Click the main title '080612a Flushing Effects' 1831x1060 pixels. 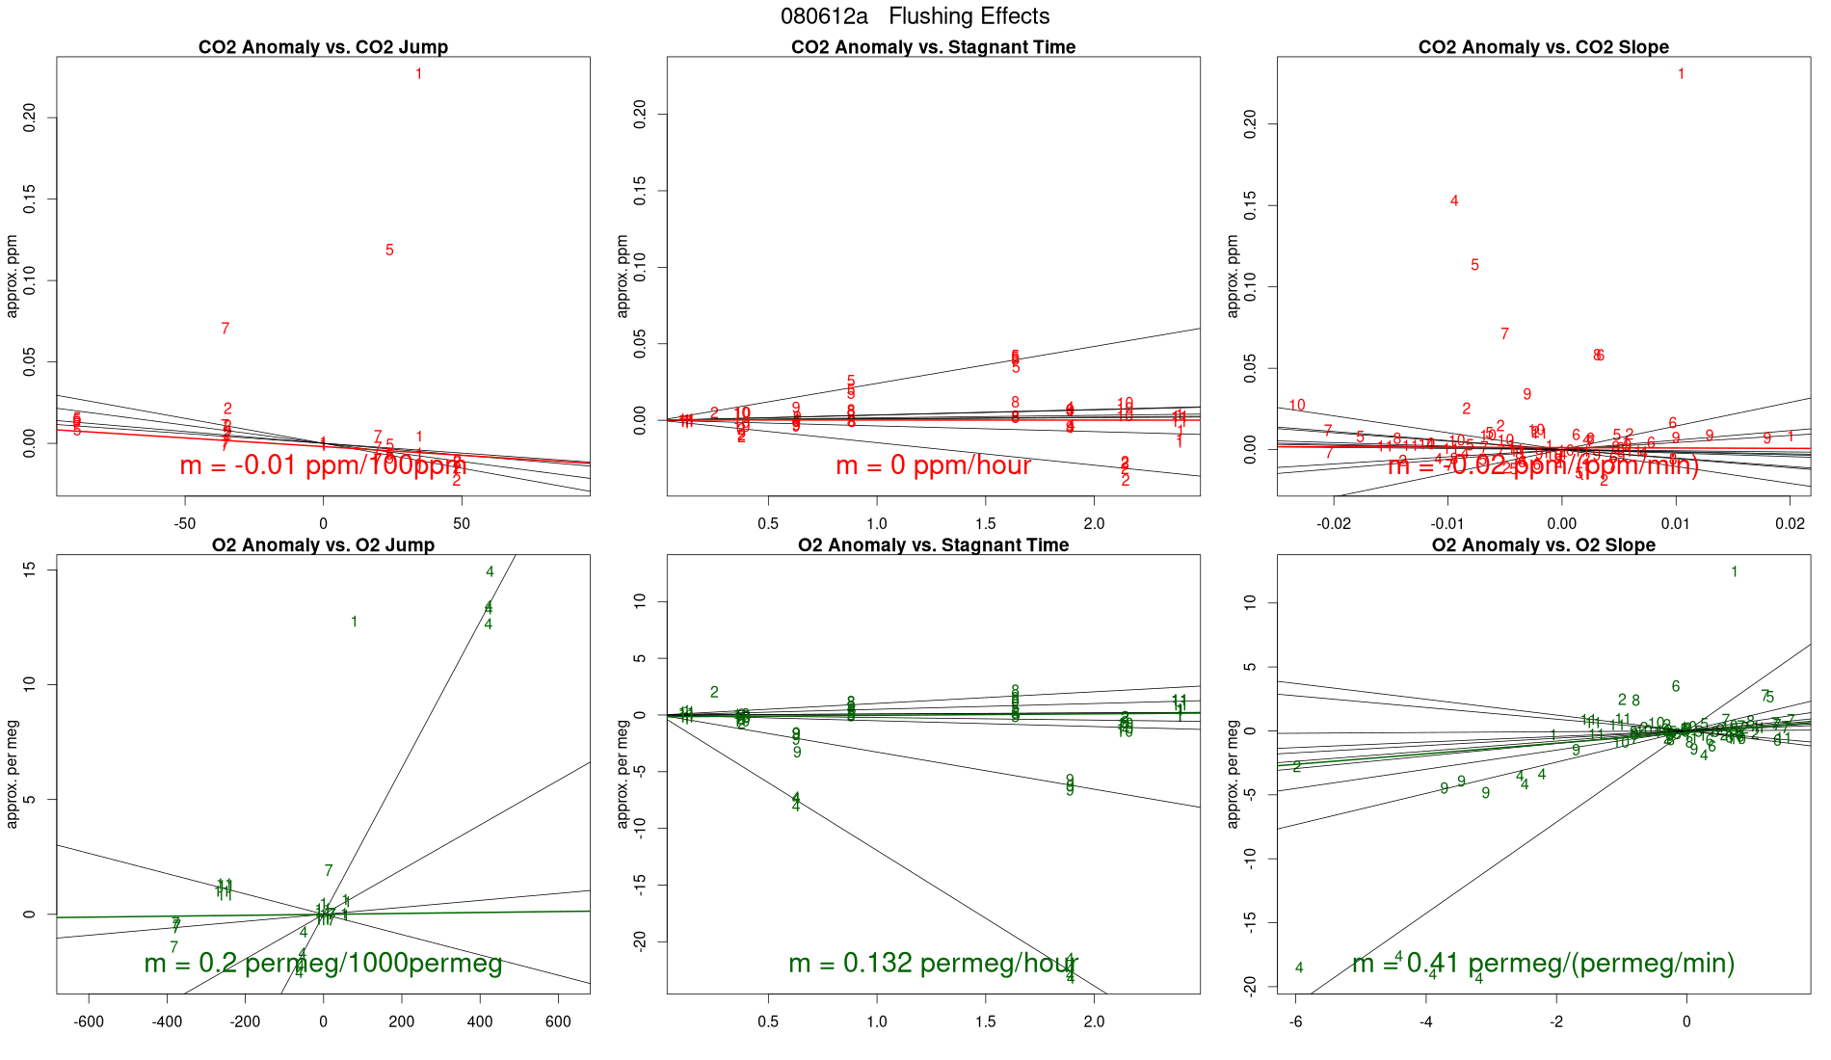click(x=915, y=16)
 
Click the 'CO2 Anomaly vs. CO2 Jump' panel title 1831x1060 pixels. click(x=323, y=47)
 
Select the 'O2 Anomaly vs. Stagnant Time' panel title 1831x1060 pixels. click(x=933, y=545)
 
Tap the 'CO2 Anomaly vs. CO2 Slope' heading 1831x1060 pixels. click(x=1543, y=47)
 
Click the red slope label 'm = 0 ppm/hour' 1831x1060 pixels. click(x=933, y=465)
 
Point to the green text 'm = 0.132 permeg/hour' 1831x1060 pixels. click(x=933, y=963)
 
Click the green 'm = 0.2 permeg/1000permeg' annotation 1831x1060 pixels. click(x=323, y=963)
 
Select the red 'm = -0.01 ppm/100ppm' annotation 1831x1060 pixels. click(x=323, y=465)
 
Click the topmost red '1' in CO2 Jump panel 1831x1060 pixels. click(x=418, y=74)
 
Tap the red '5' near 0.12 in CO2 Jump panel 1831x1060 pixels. click(x=389, y=251)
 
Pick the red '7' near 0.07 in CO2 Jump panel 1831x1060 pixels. click(x=226, y=330)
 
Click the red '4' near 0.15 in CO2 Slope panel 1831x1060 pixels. click(x=1454, y=201)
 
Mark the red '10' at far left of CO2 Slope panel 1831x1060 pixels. click(x=1297, y=406)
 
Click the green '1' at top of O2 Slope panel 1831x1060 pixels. click(x=1734, y=572)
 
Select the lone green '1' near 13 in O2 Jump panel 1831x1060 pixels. click(x=355, y=623)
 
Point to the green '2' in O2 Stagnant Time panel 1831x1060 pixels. click(x=714, y=693)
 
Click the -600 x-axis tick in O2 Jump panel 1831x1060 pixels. click(x=89, y=1021)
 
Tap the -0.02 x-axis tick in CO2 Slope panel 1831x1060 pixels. click(x=1334, y=523)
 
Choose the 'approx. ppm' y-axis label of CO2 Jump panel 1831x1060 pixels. click(x=13, y=276)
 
